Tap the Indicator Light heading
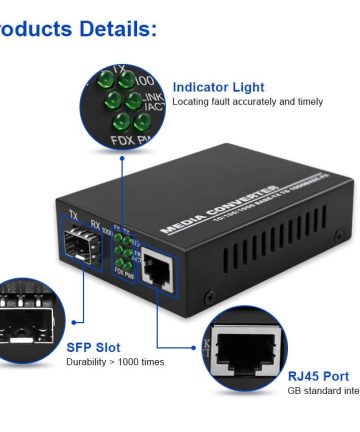click(x=218, y=87)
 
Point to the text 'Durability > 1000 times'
click(x=115, y=361)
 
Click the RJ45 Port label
click(x=319, y=376)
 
